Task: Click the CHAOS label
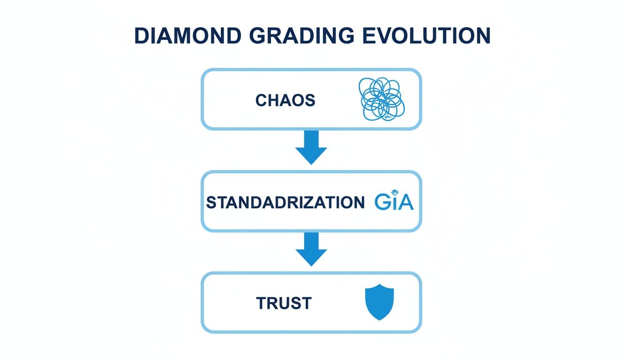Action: click(285, 100)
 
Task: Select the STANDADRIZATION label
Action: click(285, 202)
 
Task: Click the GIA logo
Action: click(394, 202)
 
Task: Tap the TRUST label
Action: click(284, 304)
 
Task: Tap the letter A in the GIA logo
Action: click(406, 202)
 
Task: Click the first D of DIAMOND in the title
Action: click(142, 36)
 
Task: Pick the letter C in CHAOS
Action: click(261, 100)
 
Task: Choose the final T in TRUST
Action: click(306, 304)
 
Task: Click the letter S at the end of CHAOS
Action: click(309, 100)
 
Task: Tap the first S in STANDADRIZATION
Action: click(210, 202)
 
